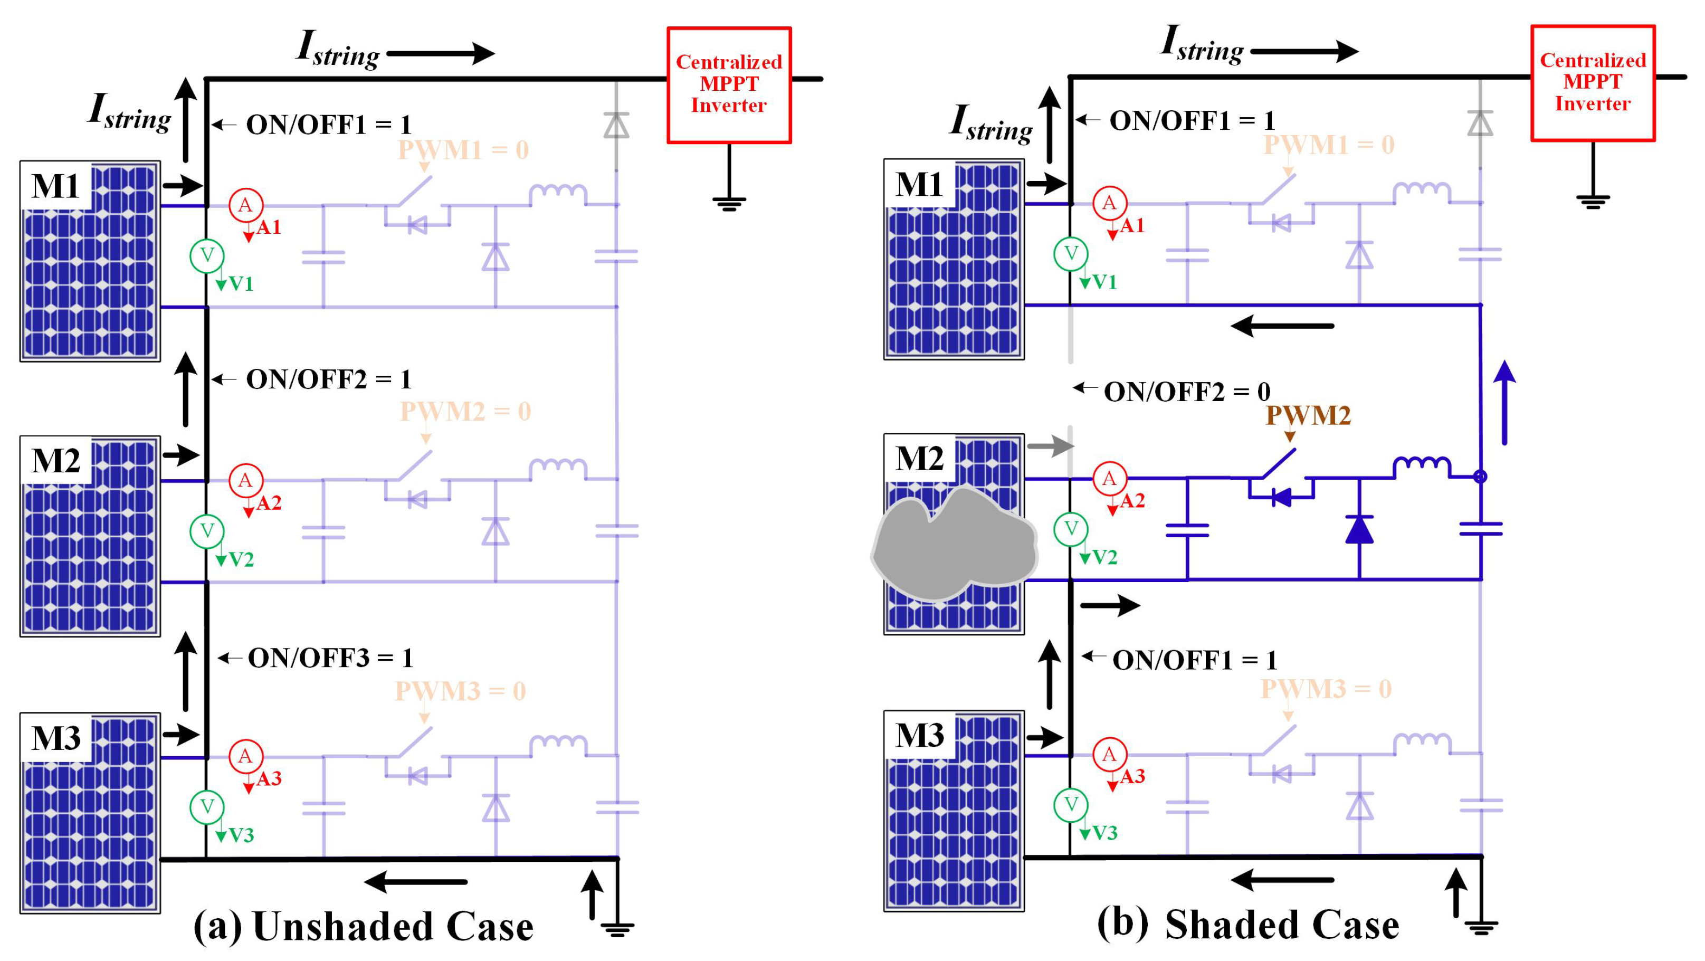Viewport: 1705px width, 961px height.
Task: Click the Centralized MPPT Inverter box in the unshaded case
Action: pyautogui.click(x=729, y=85)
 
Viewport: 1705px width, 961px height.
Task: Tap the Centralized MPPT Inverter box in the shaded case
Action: pyautogui.click(x=1593, y=83)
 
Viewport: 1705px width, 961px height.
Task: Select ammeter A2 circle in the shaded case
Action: pyautogui.click(x=1109, y=479)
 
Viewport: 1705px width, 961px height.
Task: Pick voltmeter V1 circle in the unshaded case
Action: pyautogui.click(x=207, y=255)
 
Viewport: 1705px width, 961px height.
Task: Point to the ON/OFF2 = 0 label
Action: pyautogui.click(x=1187, y=392)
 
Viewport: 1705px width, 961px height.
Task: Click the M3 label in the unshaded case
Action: pyautogui.click(x=55, y=737)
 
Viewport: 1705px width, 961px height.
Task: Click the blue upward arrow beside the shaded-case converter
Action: pyautogui.click(x=1504, y=403)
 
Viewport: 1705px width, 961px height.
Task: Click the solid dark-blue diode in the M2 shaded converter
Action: pyautogui.click(x=1359, y=529)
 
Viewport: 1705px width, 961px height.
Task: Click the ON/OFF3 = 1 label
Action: pyautogui.click(x=330, y=658)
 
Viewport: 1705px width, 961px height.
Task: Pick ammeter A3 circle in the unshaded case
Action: pyautogui.click(x=245, y=756)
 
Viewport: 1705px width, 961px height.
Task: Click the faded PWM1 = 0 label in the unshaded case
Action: pyautogui.click(x=463, y=149)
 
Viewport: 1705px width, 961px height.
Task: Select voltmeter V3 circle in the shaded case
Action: pyautogui.click(x=1070, y=805)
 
